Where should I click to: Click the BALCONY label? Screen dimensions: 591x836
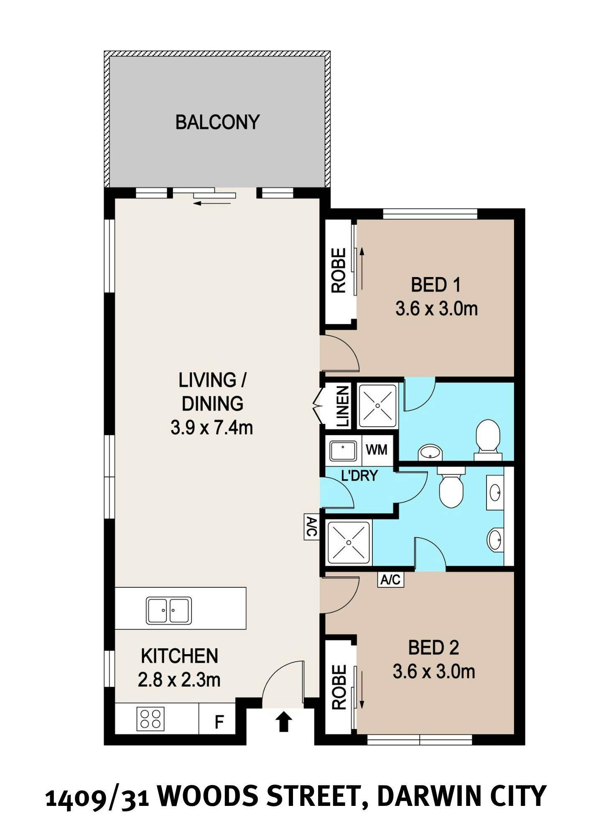pos(217,122)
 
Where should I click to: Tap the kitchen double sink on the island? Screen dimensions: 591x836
pos(169,610)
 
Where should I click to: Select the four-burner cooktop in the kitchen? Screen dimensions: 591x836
pos(150,719)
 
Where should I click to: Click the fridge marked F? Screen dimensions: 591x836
pos(219,722)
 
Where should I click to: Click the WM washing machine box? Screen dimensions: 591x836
pos(377,450)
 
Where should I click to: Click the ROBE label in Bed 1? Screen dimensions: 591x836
pos(339,270)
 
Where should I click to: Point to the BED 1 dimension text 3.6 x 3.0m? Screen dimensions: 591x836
pos(436,309)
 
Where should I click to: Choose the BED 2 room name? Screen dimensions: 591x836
pos(433,648)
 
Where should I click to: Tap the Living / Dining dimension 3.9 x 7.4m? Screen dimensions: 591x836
pos(212,428)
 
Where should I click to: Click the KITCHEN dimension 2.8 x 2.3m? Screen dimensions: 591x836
pos(179,680)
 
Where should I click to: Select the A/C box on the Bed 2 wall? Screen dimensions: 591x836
pos(391,579)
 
